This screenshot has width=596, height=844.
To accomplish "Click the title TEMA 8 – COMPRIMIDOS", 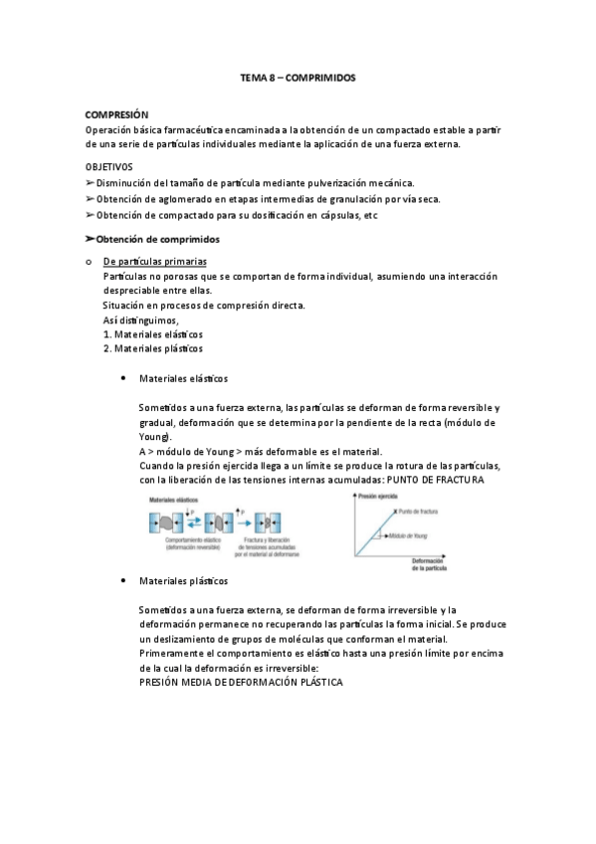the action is [298, 77].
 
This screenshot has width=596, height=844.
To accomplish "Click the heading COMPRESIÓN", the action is [117, 115].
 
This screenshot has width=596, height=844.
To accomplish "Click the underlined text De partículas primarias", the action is [155, 262].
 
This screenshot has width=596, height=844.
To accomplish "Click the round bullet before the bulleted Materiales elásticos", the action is [122, 379].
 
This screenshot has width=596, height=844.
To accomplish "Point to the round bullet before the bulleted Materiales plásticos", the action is [122, 580].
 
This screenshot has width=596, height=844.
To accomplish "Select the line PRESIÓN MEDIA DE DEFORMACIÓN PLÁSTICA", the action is [241, 684].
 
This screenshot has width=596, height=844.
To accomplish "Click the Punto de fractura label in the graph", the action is [418, 512].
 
